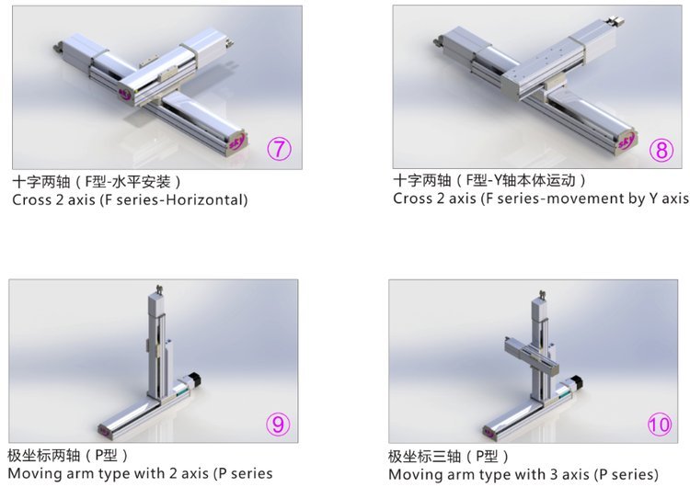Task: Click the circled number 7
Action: tap(279, 149)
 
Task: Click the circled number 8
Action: tap(661, 150)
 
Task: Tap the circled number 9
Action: tap(278, 424)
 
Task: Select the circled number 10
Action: tap(660, 425)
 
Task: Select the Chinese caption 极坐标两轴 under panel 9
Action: tap(43, 456)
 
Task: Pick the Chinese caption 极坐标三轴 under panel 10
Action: tap(424, 457)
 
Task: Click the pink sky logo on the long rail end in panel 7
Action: tap(236, 142)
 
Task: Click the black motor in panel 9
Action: tap(193, 379)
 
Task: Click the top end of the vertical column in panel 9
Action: tap(158, 289)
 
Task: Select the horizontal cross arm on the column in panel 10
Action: tap(531, 355)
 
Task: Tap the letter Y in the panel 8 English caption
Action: tap(653, 198)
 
